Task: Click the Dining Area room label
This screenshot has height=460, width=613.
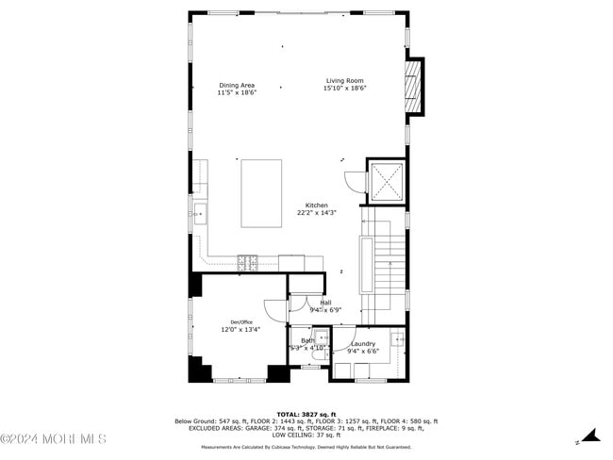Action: (237, 85)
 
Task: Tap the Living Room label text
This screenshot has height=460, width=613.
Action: (344, 81)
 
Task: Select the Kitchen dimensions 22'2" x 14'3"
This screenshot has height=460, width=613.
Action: (316, 213)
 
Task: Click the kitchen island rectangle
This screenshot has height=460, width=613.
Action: (261, 193)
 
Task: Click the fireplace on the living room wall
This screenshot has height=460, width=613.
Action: (412, 86)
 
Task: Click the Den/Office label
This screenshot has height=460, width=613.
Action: (241, 322)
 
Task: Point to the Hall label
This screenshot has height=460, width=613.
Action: (325, 303)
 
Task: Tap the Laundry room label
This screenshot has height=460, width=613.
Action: (363, 344)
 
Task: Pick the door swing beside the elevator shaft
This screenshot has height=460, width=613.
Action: (352, 183)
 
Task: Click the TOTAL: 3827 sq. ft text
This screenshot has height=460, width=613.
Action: (306, 414)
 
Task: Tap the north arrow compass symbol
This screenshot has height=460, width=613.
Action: (589, 435)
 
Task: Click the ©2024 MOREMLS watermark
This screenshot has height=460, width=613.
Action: (54, 439)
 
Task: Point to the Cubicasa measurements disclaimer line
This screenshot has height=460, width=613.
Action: (306, 447)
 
